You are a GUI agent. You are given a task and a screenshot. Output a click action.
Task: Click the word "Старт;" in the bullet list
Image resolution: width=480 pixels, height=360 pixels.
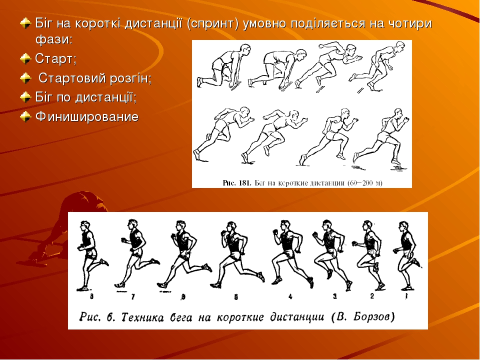[55, 58]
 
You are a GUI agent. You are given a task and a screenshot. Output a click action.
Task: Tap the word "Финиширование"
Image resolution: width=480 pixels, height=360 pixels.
[87, 116]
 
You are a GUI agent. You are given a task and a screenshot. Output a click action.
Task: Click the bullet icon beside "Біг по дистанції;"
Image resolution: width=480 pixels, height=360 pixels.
[25, 97]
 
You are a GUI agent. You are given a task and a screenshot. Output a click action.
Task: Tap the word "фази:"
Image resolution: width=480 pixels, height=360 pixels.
[54, 39]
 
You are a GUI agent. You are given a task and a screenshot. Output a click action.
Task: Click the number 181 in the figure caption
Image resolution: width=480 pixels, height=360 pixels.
[244, 183]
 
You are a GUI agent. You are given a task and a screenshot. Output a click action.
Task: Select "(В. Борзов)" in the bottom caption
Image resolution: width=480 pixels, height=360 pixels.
[363, 316]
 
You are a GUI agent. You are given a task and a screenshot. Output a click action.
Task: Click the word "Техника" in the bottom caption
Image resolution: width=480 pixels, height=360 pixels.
[142, 317]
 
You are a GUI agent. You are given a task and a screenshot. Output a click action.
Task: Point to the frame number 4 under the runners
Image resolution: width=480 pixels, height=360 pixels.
[290, 296]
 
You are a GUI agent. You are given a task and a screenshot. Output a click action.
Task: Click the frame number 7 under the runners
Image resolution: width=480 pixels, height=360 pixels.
[133, 296]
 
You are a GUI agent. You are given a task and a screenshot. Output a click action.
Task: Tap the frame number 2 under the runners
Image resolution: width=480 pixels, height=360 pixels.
[372, 296]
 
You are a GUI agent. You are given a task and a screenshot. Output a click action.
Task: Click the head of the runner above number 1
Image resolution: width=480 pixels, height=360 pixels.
[403, 227]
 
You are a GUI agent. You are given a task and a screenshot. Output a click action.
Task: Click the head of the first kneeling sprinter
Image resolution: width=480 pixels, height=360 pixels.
[245, 50]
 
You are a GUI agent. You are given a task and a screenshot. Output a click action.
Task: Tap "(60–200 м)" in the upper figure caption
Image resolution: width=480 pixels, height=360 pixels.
[365, 183]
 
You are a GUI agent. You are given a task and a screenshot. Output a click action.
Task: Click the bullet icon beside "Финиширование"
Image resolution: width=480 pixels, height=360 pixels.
[25, 116]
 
